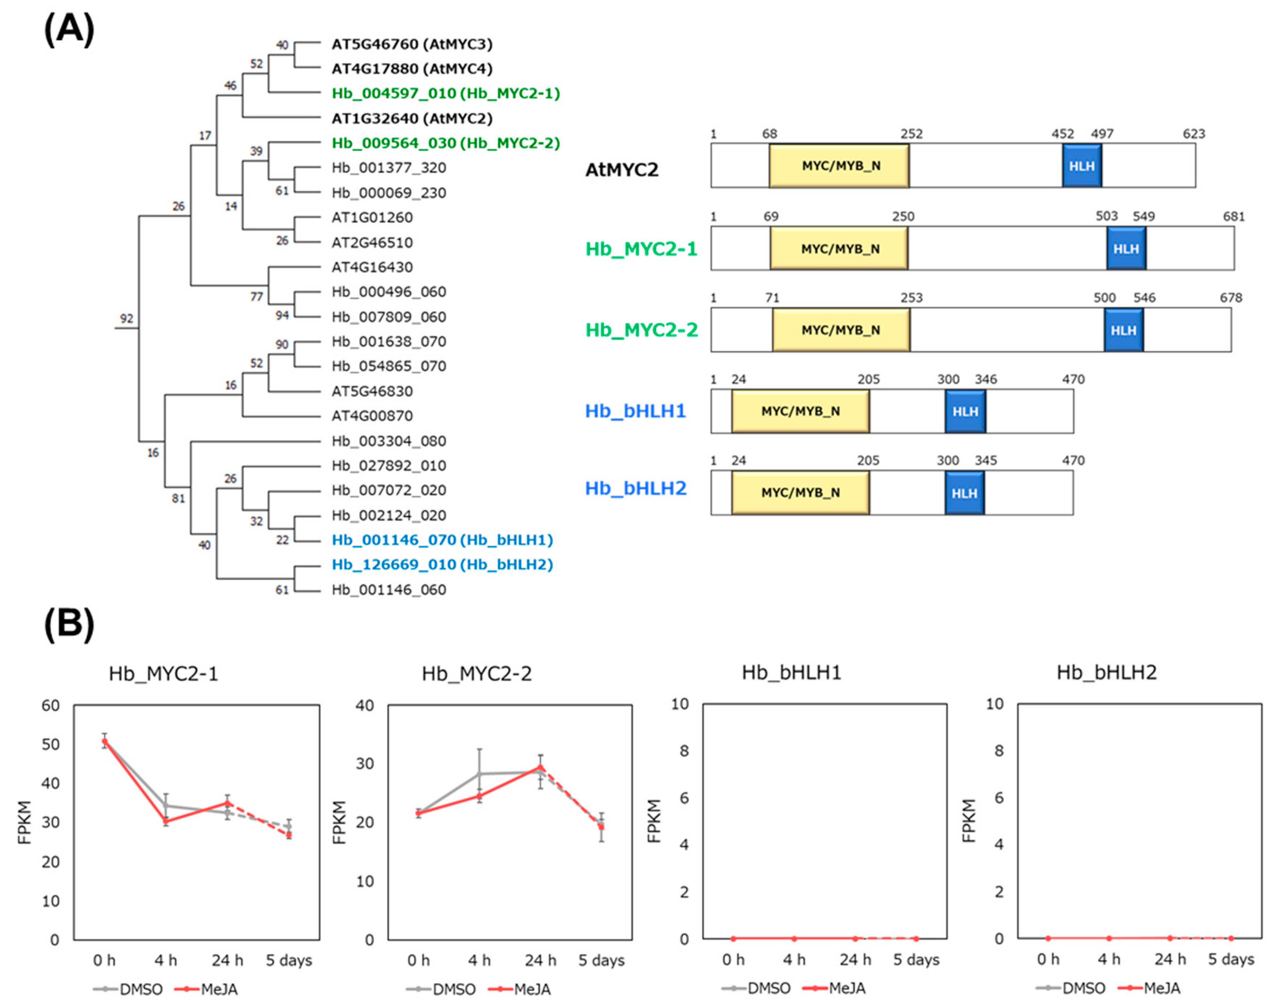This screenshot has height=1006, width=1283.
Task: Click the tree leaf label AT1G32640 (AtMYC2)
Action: click(411, 118)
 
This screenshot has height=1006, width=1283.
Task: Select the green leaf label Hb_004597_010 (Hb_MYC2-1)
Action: click(446, 93)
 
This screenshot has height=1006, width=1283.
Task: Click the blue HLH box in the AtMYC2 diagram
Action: click(1082, 166)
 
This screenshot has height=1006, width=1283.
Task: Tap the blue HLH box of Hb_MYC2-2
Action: click(1123, 330)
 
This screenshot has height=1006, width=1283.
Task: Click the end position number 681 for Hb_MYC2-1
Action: click(1234, 217)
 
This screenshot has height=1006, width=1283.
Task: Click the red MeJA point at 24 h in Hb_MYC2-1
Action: click(228, 803)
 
